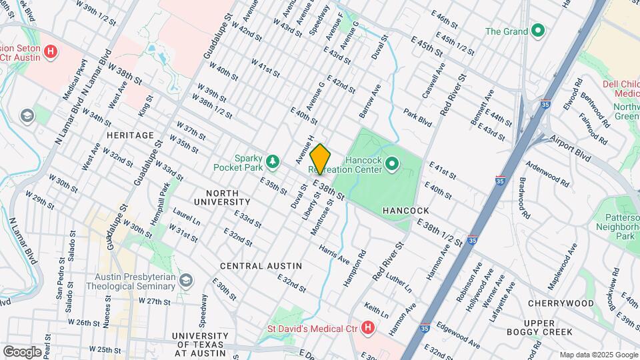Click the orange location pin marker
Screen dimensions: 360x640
coord(321,159)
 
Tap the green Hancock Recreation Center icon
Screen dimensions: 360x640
coord(392,163)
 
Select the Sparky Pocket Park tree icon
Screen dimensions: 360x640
coord(272,161)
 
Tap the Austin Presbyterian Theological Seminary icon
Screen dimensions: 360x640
coord(187,281)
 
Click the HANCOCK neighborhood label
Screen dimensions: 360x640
coord(405,211)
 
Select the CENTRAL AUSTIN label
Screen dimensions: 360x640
coord(261,266)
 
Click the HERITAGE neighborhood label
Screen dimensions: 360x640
coord(130,135)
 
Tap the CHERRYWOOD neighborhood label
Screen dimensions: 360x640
coord(560,303)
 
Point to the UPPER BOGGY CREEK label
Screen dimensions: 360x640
coord(548,327)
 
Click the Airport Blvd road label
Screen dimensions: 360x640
coord(571,147)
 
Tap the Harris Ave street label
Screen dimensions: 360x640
coord(333,253)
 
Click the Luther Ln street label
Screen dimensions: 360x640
coord(399,281)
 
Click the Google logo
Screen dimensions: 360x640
coord(22,351)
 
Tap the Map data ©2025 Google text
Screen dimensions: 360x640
coord(598,355)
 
